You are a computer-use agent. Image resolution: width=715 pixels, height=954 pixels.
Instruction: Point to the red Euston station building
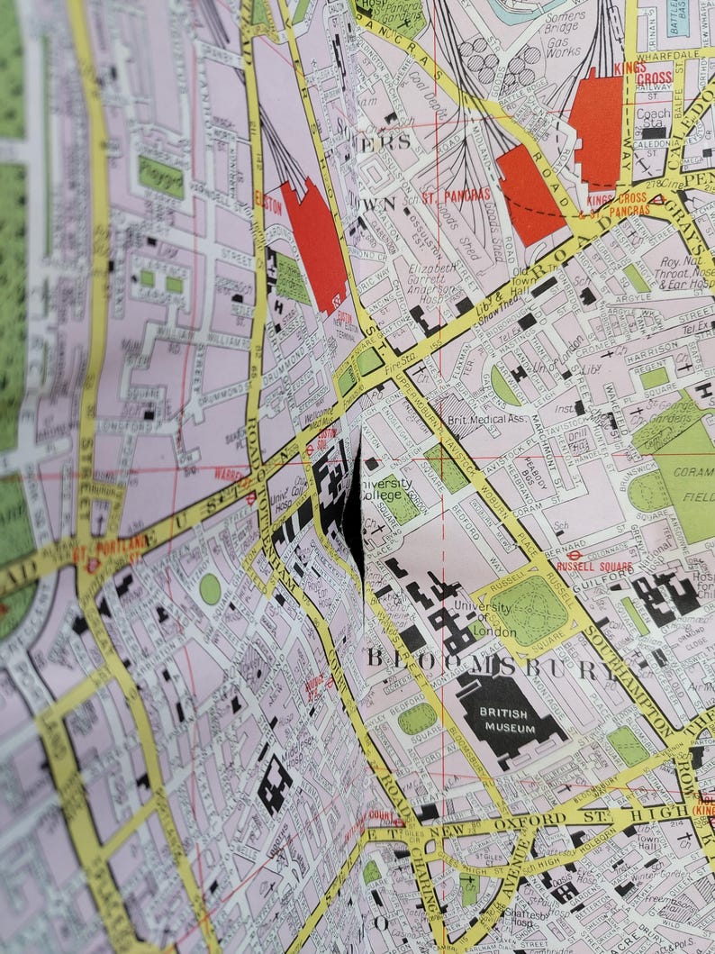pos(314,244)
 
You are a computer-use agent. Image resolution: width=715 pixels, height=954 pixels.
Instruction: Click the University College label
pos(388,487)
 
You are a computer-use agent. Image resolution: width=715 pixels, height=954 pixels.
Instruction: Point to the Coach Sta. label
pos(653,118)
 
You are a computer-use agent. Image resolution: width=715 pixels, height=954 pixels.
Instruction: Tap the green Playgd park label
pos(160,177)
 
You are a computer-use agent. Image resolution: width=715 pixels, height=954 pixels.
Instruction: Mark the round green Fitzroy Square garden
pos(210,589)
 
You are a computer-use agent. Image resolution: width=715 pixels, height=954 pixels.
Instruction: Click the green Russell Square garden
pos(529,610)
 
